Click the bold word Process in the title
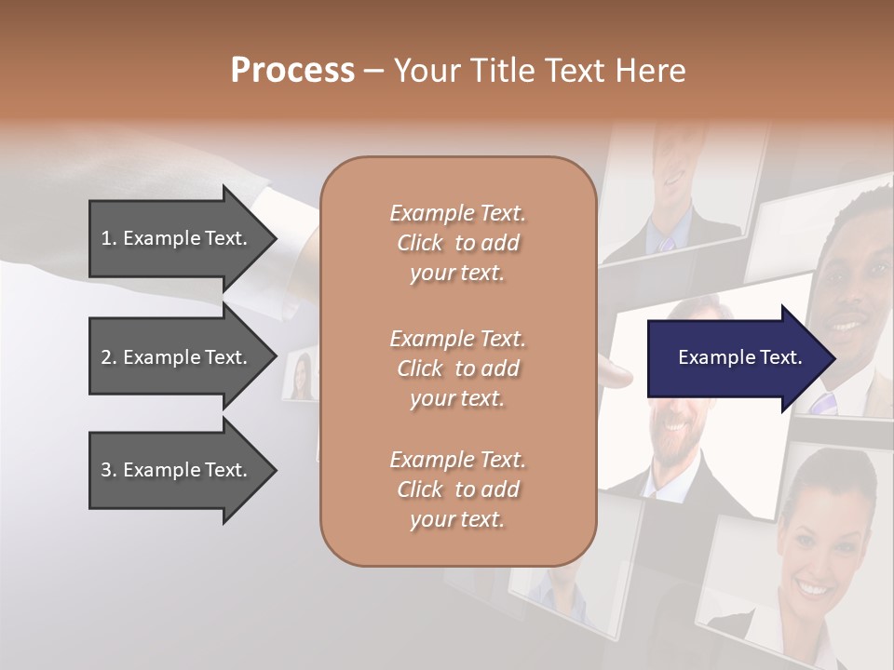point(292,71)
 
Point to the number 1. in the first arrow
point(109,238)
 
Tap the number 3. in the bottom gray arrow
point(109,470)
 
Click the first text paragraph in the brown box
point(457,243)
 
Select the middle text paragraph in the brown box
point(457,368)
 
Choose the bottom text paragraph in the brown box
point(457,489)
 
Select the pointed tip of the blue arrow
point(831,358)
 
